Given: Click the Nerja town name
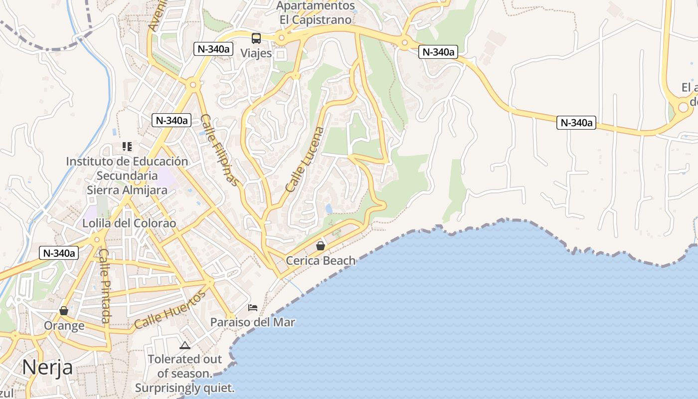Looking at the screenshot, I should [x=47, y=368].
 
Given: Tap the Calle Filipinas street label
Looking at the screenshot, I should [x=219, y=150].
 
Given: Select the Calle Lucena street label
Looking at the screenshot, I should [x=305, y=160].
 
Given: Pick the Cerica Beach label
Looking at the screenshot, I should [x=321, y=260].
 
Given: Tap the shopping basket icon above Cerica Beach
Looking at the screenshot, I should [x=321, y=246].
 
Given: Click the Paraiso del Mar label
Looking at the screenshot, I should [x=252, y=322].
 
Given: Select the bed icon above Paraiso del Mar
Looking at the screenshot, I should [x=253, y=307].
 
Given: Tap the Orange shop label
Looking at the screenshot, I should [x=64, y=326].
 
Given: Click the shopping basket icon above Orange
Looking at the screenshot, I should [x=64, y=311].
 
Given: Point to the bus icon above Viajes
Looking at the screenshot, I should [x=256, y=38].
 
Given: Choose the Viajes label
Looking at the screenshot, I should [x=256, y=53].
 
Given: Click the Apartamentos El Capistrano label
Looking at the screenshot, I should [x=316, y=13].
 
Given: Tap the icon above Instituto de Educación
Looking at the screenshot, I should [x=127, y=147].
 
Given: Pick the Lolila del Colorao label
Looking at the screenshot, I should [x=129, y=223].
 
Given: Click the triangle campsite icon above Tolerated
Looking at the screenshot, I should [x=185, y=345].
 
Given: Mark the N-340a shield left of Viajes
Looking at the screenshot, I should [x=213, y=49].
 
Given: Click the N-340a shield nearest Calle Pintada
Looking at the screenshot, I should [x=59, y=253].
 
